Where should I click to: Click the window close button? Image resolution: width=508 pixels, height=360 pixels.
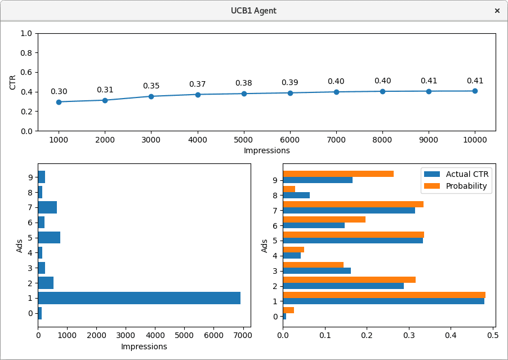click(x=497, y=11)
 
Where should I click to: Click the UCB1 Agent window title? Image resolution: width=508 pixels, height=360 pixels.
click(x=253, y=11)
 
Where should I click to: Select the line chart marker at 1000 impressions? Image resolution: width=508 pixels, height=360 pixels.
click(x=59, y=102)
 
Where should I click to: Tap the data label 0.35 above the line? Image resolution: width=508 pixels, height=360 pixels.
click(x=151, y=86)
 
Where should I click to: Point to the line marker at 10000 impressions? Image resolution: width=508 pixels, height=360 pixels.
click(x=475, y=91)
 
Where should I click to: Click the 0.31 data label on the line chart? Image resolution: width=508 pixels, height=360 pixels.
click(x=105, y=90)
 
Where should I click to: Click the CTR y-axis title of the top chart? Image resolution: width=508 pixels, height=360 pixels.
click(x=13, y=82)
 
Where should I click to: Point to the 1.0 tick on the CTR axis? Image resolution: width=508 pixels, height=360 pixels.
click(x=26, y=33)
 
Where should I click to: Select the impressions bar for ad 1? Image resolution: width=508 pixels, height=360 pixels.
click(x=139, y=298)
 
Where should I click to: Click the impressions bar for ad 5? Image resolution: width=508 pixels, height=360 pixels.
click(x=49, y=237)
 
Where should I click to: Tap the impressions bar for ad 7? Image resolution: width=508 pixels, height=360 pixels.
click(x=47, y=207)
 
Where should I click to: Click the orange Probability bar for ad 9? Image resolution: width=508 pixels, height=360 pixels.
click(x=338, y=174)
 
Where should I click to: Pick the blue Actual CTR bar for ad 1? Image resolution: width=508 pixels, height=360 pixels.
click(x=384, y=301)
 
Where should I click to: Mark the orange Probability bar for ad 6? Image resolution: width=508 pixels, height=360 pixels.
click(x=324, y=219)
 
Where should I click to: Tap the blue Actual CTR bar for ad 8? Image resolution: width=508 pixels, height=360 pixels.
click(x=296, y=195)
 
